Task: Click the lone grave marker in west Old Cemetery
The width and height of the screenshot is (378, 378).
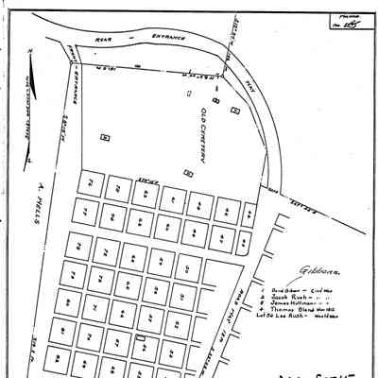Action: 105,138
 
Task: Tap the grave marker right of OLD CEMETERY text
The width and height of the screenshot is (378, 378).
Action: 216,98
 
